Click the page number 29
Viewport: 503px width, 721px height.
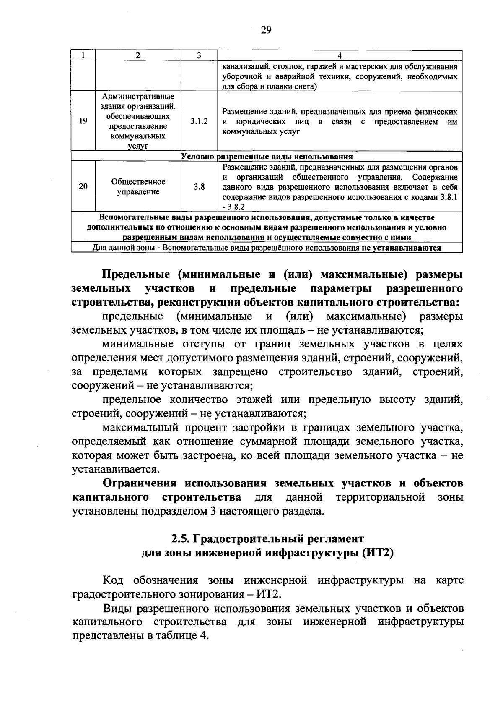pos(266,29)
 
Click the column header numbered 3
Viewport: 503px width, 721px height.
pos(199,55)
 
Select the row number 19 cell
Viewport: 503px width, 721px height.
pos(83,121)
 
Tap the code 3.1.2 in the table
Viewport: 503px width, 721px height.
pos(199,121)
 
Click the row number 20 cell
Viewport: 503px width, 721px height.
pos(83,187)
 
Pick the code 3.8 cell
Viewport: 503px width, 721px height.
pos(199,187)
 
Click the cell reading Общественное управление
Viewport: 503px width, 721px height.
pos(138,187)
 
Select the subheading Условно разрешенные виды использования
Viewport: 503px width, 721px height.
pos(267,157)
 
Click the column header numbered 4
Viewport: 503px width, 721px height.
pos(340,55)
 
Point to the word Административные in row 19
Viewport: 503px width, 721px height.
pos(138,97)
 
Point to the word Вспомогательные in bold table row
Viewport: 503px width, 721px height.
pos(135,218)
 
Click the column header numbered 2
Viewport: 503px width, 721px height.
pos(138,55)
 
